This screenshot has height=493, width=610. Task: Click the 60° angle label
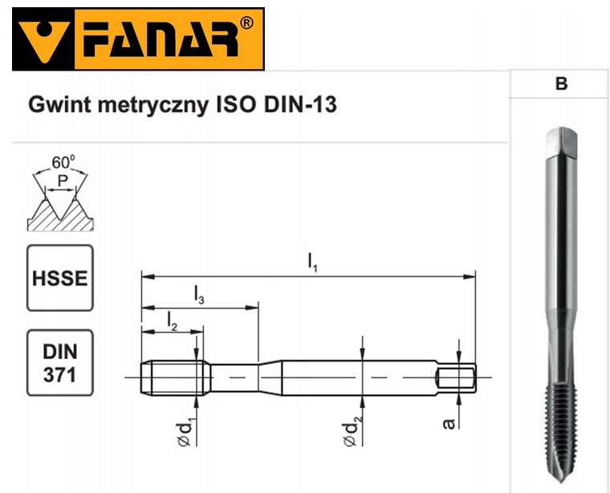62,162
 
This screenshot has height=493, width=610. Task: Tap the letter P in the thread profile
60,183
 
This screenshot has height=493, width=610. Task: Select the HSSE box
60,278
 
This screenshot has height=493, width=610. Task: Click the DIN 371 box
60,362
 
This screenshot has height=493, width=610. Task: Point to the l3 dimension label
199,295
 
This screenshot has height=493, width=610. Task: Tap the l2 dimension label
172,320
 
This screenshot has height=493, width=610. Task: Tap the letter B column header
561,83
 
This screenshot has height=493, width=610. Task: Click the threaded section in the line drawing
173,375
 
